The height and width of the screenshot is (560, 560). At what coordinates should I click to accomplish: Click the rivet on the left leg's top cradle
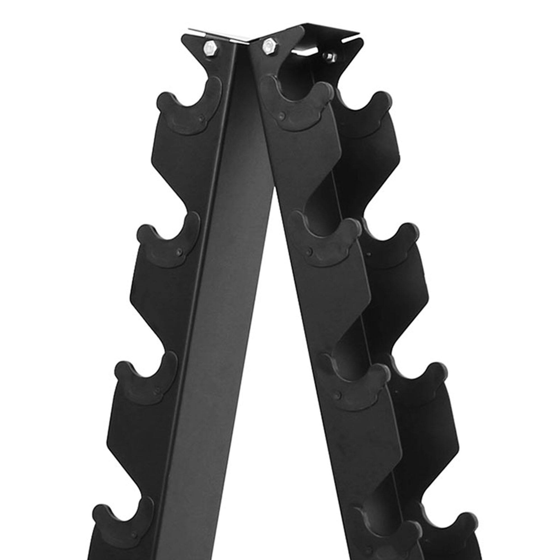coord(202,118)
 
